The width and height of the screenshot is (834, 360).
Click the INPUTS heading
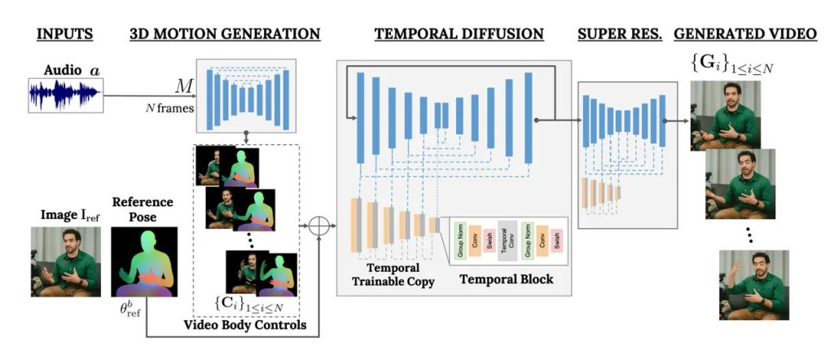click(x=66, y=34)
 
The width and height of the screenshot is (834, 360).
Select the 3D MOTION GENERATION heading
click(x=225, y=34)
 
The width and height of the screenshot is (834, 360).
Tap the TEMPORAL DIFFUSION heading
click(x=459, y=34)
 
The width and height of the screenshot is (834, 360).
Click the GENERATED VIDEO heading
click(x=745, y=34)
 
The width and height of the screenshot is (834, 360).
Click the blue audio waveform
click(x=66, y=94)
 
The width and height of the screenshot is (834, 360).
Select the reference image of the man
click(x=65, y=261)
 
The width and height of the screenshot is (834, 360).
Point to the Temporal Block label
click(x=507, y=279)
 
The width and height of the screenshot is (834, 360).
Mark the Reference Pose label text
click(x=143, y=208)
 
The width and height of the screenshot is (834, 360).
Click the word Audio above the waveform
click(x=62, y=70)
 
